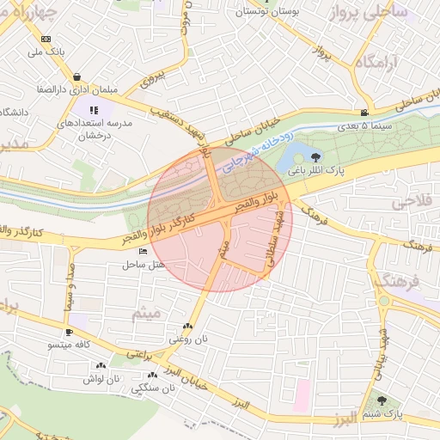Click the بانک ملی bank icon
[x=46, y=39]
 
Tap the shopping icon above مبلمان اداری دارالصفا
[x=77, y=76]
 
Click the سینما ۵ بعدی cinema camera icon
[x=366, y=113]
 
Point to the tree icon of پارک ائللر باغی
[x=317, y=157]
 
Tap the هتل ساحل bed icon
[x=143, y=250]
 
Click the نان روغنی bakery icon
[x=187, y=327]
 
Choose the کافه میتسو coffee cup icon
[x=69, y=332]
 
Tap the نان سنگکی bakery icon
[x=152, y=376]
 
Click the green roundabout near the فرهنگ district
[x=383, y=301]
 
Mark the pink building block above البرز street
[x=300, y=395]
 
